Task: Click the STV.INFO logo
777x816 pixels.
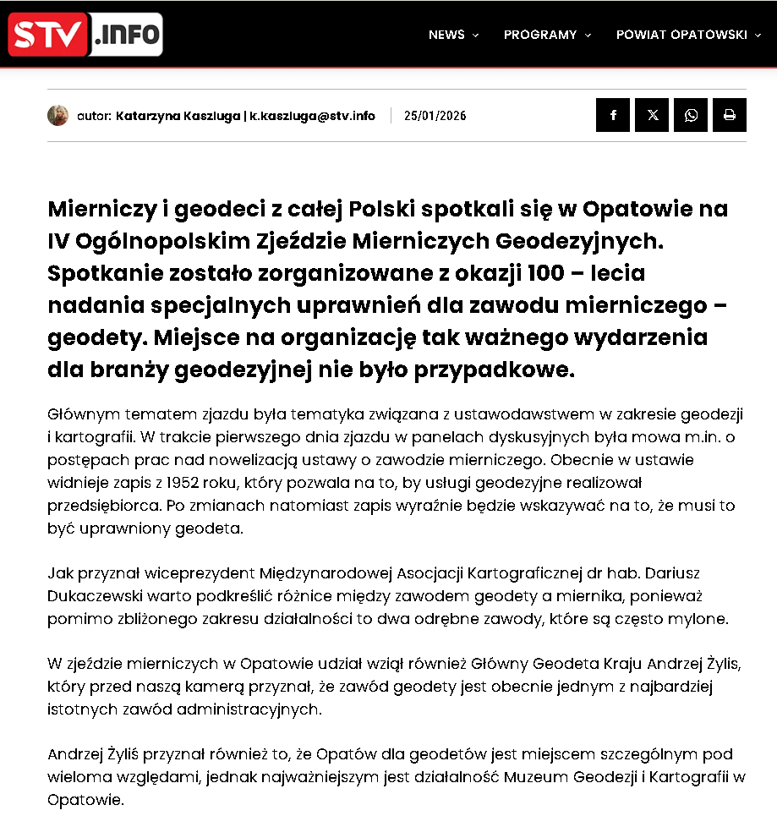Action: [85, 35]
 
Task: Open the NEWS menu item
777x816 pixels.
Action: [446, 35]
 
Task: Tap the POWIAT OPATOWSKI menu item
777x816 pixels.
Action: [681, 35]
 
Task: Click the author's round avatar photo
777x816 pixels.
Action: [57, 116]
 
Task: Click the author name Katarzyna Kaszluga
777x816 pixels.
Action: [178, 116]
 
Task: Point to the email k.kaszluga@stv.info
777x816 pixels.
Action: [311, 116]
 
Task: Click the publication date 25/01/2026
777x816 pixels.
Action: [435, 116]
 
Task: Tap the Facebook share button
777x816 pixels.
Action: [613, 115]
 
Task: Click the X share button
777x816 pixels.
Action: [652, 115]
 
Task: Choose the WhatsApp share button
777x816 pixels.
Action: [691, 115]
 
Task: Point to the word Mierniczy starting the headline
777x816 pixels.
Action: [101, 208]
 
